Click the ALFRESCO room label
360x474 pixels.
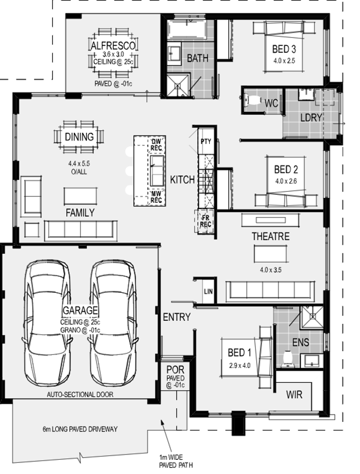pos(113,46)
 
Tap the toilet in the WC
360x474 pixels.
pos(251,100)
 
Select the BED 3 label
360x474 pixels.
pos(284,49)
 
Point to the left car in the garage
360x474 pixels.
pos(47,323)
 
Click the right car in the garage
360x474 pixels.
pos(113,323)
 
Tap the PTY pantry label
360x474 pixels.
pos(206,141)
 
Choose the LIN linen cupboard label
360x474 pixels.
pos(208,291)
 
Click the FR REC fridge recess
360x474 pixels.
pos(205,221)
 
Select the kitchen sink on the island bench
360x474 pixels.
pos(157,171)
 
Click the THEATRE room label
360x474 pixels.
pos(270,236)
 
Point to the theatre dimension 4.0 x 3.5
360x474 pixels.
pos(270,270)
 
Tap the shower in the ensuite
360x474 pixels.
pos(312,317)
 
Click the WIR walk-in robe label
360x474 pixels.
pos(294,394)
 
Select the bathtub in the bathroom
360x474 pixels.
pos(187,30)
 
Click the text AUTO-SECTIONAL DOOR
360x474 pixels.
pos(80,394)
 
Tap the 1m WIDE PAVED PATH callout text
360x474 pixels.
pos(176,461)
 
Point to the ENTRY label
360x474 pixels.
pos(177,317)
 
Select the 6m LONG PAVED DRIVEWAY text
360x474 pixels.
pos(80,429)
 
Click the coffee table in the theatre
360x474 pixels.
pos(270,254)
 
